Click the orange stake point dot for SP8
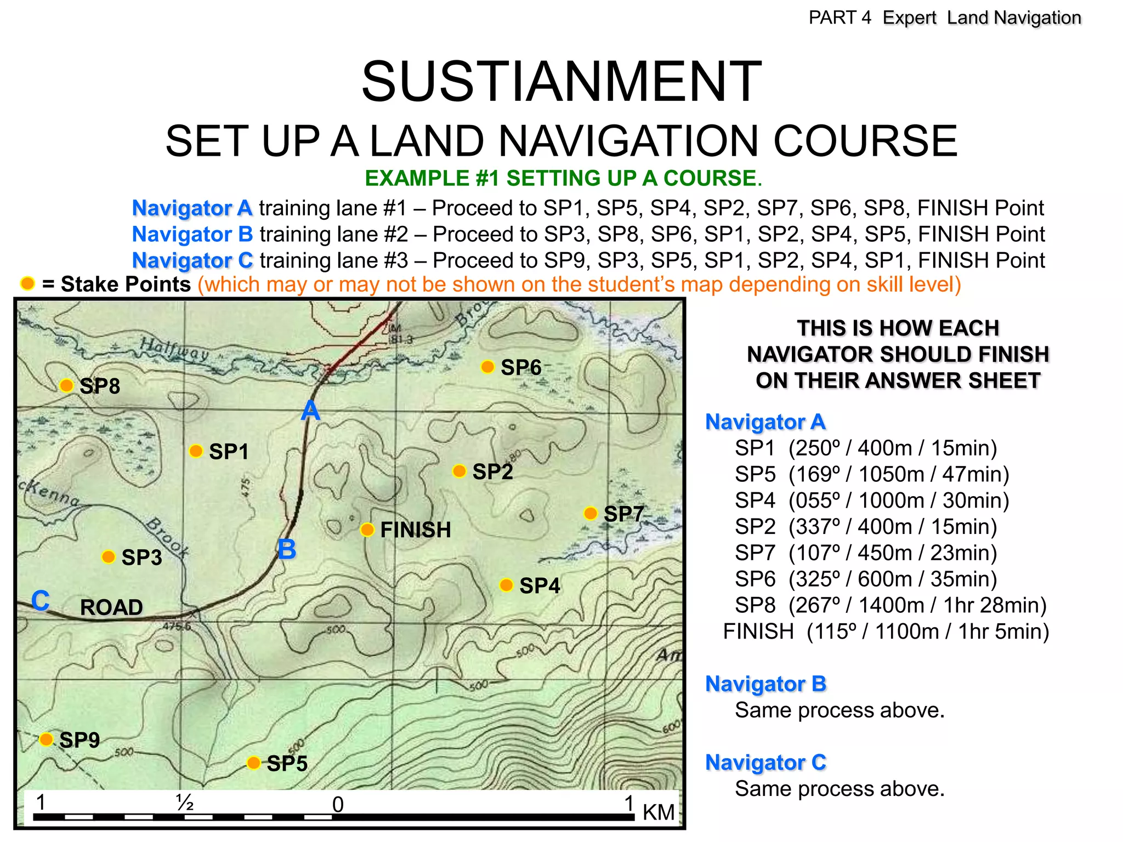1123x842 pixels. pos(66,385)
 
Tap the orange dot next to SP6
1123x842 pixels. pos(487,367)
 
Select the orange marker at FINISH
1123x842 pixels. pos(367,530)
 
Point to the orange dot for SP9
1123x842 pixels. pos(47,739)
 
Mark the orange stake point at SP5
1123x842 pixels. pos(253,763)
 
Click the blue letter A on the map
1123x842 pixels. pos(310,410)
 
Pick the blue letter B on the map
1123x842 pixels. pos(287,549)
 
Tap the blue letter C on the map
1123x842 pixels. pos(40,601)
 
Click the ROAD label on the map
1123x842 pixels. pos(111,607)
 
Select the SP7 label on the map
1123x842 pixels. pos(623,514)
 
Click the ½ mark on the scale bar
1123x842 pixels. pos(185,803)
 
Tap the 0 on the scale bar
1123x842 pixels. pos(338,805)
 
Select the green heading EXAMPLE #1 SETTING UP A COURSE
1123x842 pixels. pos(563,178)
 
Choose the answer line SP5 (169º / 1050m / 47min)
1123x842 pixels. pos(872,474)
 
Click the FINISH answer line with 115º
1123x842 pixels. pos(886,631)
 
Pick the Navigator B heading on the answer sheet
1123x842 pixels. pos(765,684)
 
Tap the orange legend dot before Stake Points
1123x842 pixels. pos(27,283)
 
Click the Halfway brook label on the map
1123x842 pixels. pos(174,349)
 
